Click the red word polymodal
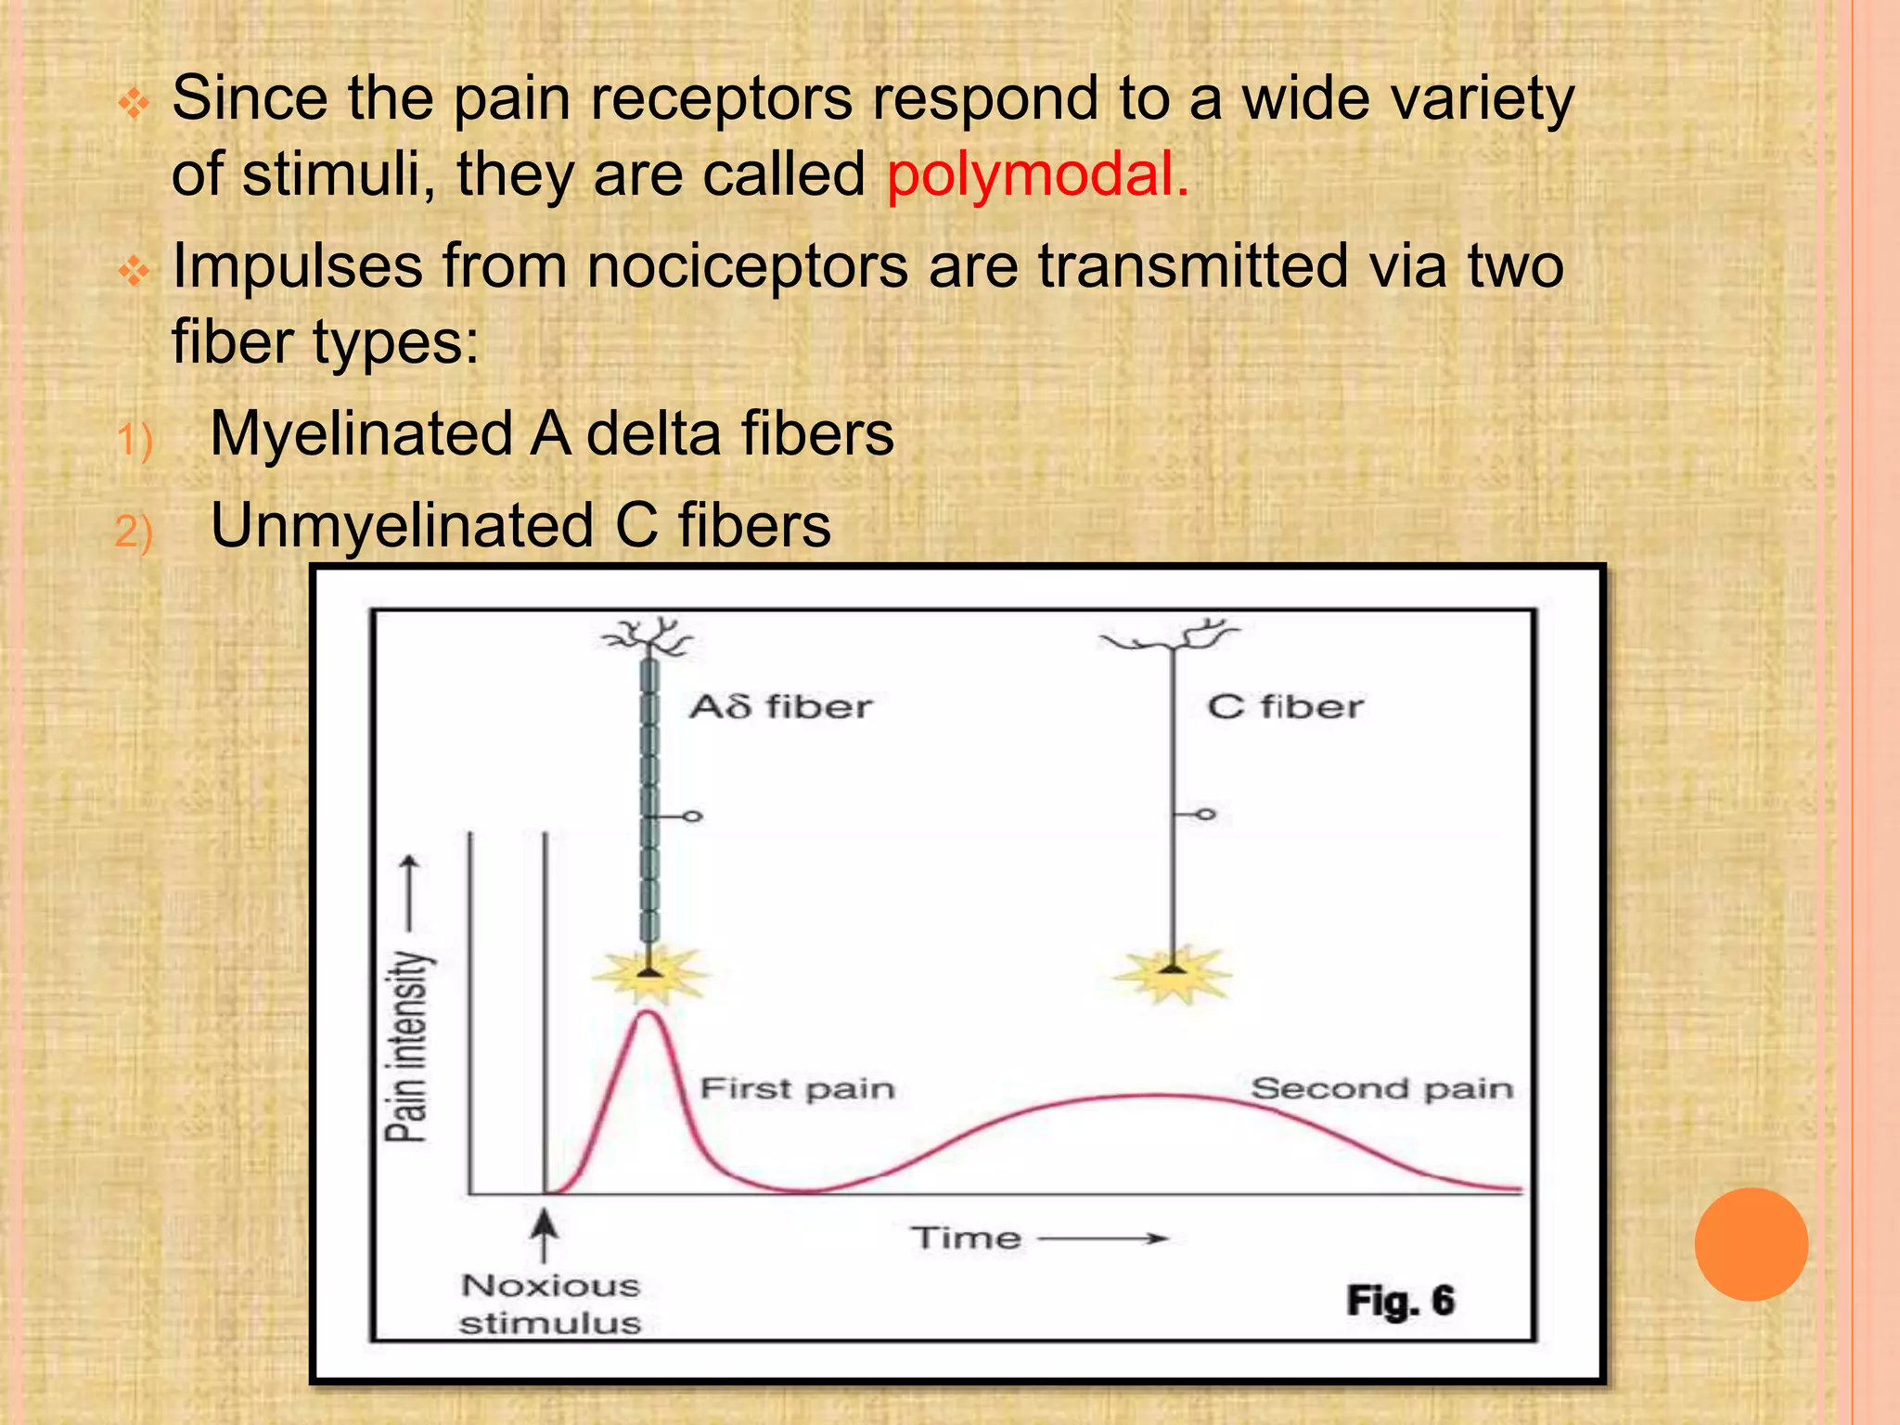1035,174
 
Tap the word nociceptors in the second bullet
748,267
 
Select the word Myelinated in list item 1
361,434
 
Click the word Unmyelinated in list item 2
402,526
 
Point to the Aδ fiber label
780,707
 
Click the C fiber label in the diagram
1285,707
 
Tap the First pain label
797,1088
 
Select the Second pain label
1381,1088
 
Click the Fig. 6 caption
1400,1301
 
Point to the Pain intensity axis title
408,1045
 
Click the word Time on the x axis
966,1238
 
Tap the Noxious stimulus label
550,1303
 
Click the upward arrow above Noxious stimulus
545,1235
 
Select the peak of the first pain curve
648,1013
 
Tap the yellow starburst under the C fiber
1174,974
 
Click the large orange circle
1751,1244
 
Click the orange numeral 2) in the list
134,532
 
